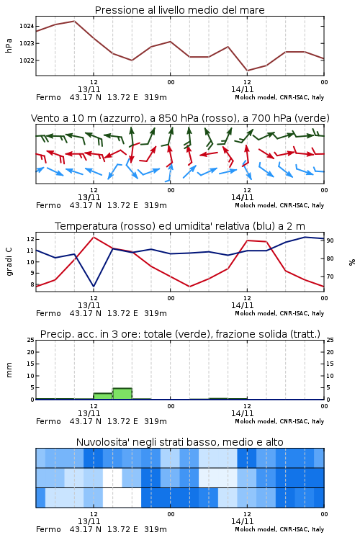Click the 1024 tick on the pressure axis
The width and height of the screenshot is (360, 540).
click(26, 26)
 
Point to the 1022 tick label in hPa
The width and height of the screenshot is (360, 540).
click(26, 60)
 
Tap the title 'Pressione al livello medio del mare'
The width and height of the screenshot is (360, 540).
click(180, 10)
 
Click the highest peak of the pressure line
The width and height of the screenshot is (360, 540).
click(74, 21)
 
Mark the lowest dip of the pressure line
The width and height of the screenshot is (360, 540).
click(247, 71)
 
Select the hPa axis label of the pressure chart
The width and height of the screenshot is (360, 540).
click(9, 45)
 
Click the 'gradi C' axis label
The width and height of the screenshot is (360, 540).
click(9, 262)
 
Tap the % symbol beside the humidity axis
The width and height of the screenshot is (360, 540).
click(352, 262)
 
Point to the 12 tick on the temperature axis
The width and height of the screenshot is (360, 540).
click(30, 239)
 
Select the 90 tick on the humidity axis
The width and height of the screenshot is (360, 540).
click(330, 240)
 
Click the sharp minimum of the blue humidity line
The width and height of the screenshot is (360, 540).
click(94, 287)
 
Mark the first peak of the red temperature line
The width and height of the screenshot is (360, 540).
click(94, 237)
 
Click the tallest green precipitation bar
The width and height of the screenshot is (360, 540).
click(122, 394)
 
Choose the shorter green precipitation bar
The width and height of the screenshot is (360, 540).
click(103, 396)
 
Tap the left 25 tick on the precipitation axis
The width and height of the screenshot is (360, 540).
click(30, 340)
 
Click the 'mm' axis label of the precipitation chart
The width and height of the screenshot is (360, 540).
click(9, 370)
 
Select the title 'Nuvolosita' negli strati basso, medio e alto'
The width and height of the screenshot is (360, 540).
click(180, 442)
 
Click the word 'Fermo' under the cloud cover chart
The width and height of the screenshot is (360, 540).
click(48, 529)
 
